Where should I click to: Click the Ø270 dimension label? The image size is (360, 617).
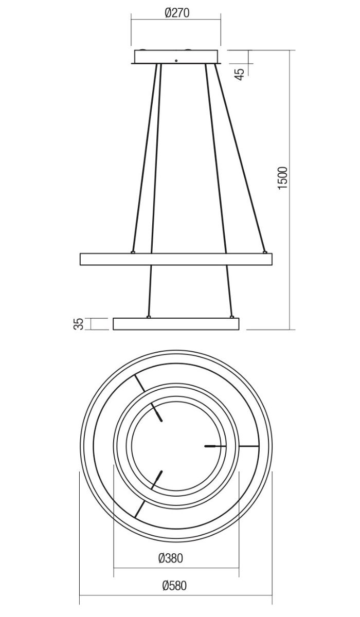(177, 13)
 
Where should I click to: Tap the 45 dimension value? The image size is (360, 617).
(240, 74)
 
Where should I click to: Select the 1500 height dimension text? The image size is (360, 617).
(283, 178)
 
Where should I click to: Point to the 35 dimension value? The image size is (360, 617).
(79, 324)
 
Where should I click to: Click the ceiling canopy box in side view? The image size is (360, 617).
(176, 57)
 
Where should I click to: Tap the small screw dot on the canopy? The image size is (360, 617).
(176, 61)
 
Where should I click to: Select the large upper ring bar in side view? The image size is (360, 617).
(176, 259)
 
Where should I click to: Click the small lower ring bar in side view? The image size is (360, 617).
(176, 324)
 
